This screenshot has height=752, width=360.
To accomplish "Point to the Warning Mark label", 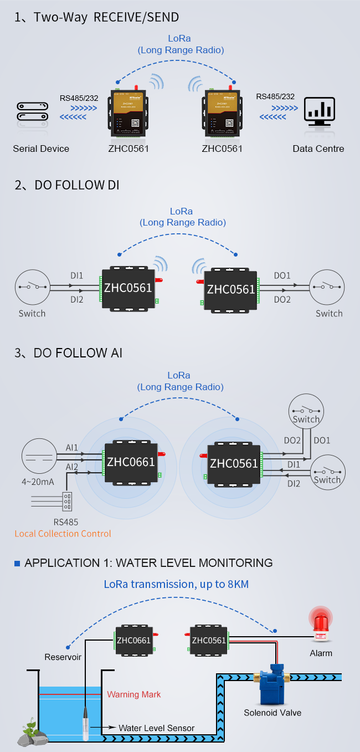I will tap(134, 694).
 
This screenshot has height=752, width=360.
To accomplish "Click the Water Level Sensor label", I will tap(157, 728).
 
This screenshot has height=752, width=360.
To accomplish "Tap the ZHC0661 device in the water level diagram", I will tap(133, 641).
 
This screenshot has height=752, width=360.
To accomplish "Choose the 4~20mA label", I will tap(38, 482).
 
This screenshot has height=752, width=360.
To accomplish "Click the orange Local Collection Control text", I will tap(63, 534).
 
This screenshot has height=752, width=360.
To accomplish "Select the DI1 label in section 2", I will tap(76, 275).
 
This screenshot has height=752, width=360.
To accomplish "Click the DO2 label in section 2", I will tap(282, 299).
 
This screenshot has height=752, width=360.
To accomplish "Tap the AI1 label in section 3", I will tap(72, 447).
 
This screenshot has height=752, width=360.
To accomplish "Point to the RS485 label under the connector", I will tap(66, 521).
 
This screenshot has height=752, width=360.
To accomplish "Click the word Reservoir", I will tap(63, 657).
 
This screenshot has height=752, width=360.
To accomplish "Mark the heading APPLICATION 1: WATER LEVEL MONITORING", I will tap(148, 563).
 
